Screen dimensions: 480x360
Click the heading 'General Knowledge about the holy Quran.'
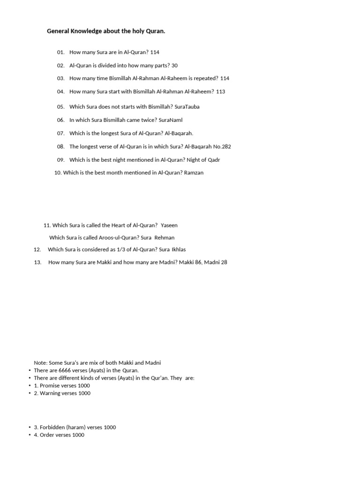(106, 31)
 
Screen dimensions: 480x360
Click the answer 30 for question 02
(174, 66)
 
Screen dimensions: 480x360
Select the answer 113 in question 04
(221, 91)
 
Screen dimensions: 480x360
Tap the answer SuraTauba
(187, 107)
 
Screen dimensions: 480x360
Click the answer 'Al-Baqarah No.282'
(208, 147)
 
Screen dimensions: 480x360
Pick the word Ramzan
(194, 173)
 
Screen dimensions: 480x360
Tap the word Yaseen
(169, 225)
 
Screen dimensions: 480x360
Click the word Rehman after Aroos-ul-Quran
(165, 238)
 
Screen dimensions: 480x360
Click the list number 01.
(60, 52)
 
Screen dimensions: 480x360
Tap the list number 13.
(38, 262)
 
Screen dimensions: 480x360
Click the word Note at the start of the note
(40, 363)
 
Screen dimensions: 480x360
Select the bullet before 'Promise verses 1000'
(30, 386)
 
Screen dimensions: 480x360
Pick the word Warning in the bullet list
(51, 393)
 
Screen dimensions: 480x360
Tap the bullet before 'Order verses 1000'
(30, 435)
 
